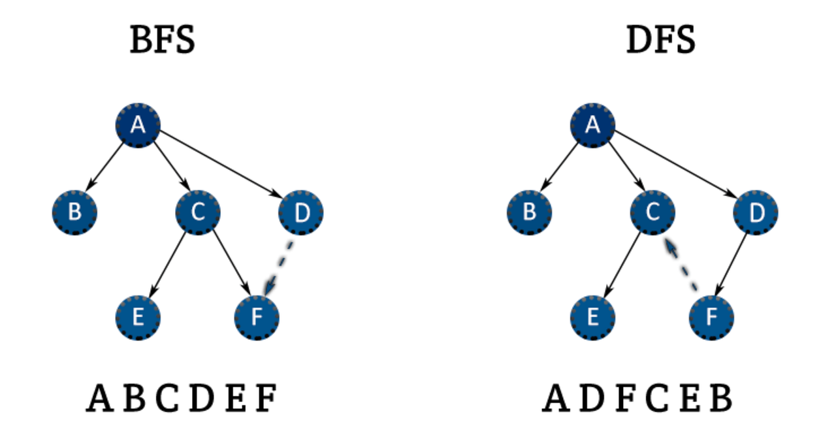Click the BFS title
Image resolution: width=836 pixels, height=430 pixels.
click(x=163, y=41)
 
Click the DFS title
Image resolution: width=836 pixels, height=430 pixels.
click(x=660, y=41)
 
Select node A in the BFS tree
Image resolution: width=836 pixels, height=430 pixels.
click(x=138, y=124)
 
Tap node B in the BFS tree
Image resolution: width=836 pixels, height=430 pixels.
click(x=74, y=212)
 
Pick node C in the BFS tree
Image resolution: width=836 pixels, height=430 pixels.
click(x=198, y=212)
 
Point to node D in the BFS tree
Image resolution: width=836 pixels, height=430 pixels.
click(x=301, y=212)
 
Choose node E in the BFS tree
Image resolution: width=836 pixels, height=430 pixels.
click(x=138, y=317)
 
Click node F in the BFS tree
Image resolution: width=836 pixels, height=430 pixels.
click(x=257, y=317)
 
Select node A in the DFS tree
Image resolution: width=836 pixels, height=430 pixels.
click(x=592, y=124)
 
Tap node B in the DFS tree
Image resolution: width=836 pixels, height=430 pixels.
click(x=530, y=212)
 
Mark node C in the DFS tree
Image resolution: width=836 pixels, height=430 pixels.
click(x=652, y=212)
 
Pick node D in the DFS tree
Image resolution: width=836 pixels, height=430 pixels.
click(x=756, y=212)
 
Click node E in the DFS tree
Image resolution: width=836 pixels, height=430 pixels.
click(x=592, y=317)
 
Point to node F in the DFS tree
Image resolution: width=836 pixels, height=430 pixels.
click(x=711, y=317)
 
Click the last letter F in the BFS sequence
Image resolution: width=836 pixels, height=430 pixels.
click(x=265, y=399)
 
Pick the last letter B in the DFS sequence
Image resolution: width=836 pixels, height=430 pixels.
click(x=720, y=399)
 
